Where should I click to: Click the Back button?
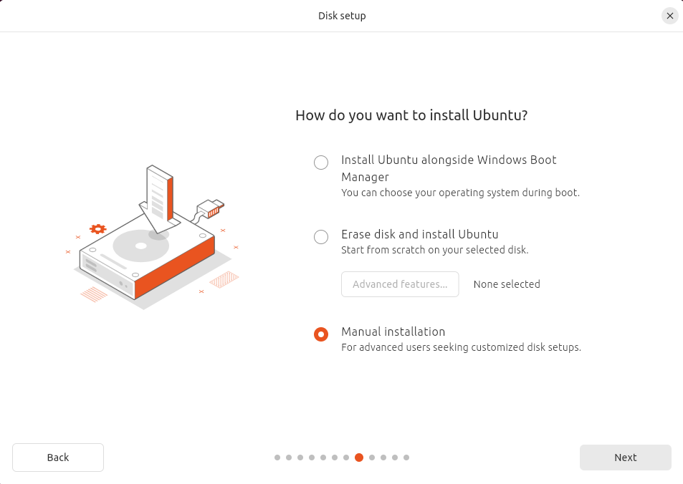[x=58, y=458]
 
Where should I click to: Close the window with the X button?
[x=670, y=16]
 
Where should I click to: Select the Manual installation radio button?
[x=321, y=334]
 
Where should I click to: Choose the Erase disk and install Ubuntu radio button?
[x=321, y=237]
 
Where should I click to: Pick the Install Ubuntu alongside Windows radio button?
[x=321, y=163]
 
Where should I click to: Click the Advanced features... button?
[x=400, y=284]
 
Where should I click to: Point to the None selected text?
[x=507, y=284]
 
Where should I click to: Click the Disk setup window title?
[x=342, y=16]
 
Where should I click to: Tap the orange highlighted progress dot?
[x=359, y=458]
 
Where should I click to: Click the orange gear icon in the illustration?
[x=98, y=229]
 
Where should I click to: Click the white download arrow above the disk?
[x=159, y=199]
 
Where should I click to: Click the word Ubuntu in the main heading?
[x=500, y=115]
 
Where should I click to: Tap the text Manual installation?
[x=393, y=331]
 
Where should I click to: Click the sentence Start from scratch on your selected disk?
[x=435, y=250]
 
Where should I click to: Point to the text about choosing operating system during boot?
[x=460, y=193]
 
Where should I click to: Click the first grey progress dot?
[x=277, y=458]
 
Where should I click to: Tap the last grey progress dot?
[x=406, y=458]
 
